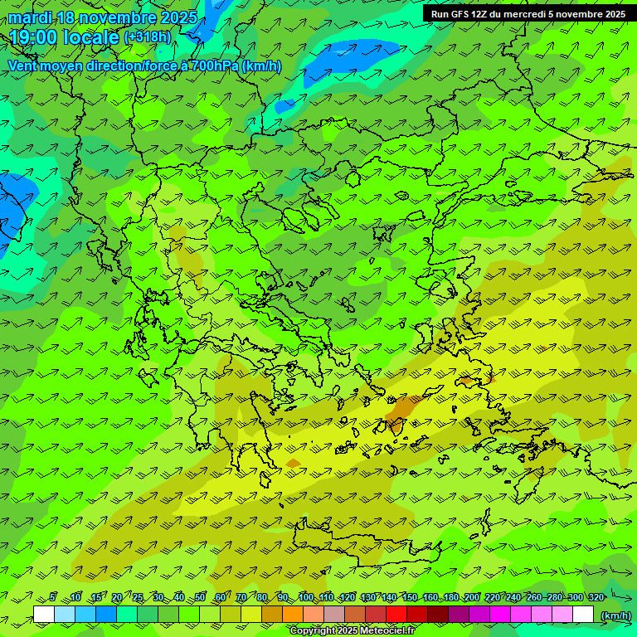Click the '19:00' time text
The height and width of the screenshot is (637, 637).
(32, 37)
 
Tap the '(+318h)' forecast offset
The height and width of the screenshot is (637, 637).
(147, 37)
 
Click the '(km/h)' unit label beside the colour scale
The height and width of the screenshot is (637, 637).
(615, 615)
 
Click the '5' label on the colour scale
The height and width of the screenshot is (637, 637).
(53, 597)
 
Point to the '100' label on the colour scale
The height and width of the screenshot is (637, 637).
(305, 597)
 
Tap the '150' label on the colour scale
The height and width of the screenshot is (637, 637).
(410, 597)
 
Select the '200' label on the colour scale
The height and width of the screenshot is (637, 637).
(472, 597)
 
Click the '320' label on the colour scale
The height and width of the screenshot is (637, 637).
(596, 597)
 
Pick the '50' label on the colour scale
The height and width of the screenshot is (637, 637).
(200, 597)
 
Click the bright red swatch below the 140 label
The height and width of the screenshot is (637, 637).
(396, 614)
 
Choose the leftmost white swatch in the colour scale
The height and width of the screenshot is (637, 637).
(44, 614)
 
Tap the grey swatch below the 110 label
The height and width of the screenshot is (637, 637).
(334, 614)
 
